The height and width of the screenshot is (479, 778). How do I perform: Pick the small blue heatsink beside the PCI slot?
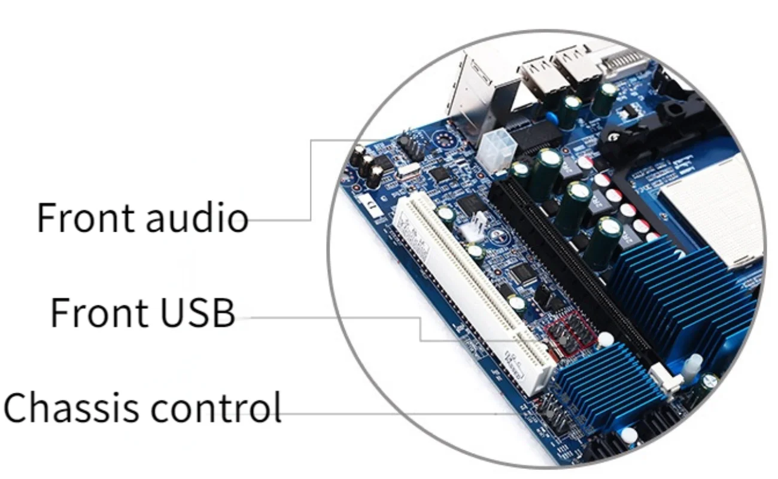[604, 383]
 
